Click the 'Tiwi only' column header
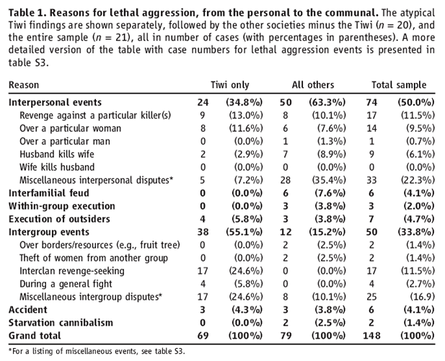pyautogui.click(x=230, y=85)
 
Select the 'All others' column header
pyautogui.click(x=313, y=85)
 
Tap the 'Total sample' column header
pyautogui.click(x=399, y=85)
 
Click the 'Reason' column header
pyautogui.click(x=24, y=85)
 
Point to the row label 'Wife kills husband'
pyautogui.click(x=57, y=167)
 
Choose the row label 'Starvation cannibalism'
pyautogui.click(x=61, y=323)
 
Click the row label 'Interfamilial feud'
pyautogui.click(x=49, y=193)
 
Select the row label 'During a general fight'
pyautogui.click(x=66, y=284)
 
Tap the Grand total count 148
pyautogui.click(x=371, y=336)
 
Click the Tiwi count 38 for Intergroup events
pyautogui.click(x=203, y=232)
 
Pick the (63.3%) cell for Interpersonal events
pyautogui.click(x=327, y=102)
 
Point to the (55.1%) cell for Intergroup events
pyautogui.click(x=244, y=232)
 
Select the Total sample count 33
pyautogui.click(x=371, y=180)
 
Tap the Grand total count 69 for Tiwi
pyautogui.click(x=203, y=336)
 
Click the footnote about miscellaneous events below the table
pyautogui.click(x=97, y=352)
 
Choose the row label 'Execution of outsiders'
pyautogui.click(x=59, y=219)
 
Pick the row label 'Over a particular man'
pyautogui.click(x=65, y=141)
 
